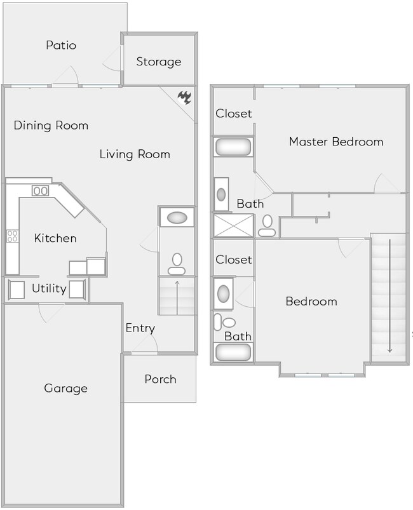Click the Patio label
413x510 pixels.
(61, 46)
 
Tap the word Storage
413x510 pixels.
(159, 62)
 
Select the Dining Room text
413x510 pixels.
(51, 125)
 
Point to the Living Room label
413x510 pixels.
(135, 154)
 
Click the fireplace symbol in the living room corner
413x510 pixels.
(185, 97)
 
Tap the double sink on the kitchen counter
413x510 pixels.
(41, 191)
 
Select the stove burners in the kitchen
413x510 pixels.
(11, 237)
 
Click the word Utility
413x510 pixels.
(49, 289)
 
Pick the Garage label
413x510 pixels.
(65, 388)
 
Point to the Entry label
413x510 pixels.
(140, 328)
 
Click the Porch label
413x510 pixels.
(160, 379)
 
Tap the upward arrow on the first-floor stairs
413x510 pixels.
(177, 297)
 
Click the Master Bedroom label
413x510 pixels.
(336, 142)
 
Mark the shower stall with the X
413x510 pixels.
(233, 225)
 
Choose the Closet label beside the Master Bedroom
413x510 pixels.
(234, 114)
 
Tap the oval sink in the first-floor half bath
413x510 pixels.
(177, 218)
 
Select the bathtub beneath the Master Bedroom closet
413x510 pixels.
(233, 147)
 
